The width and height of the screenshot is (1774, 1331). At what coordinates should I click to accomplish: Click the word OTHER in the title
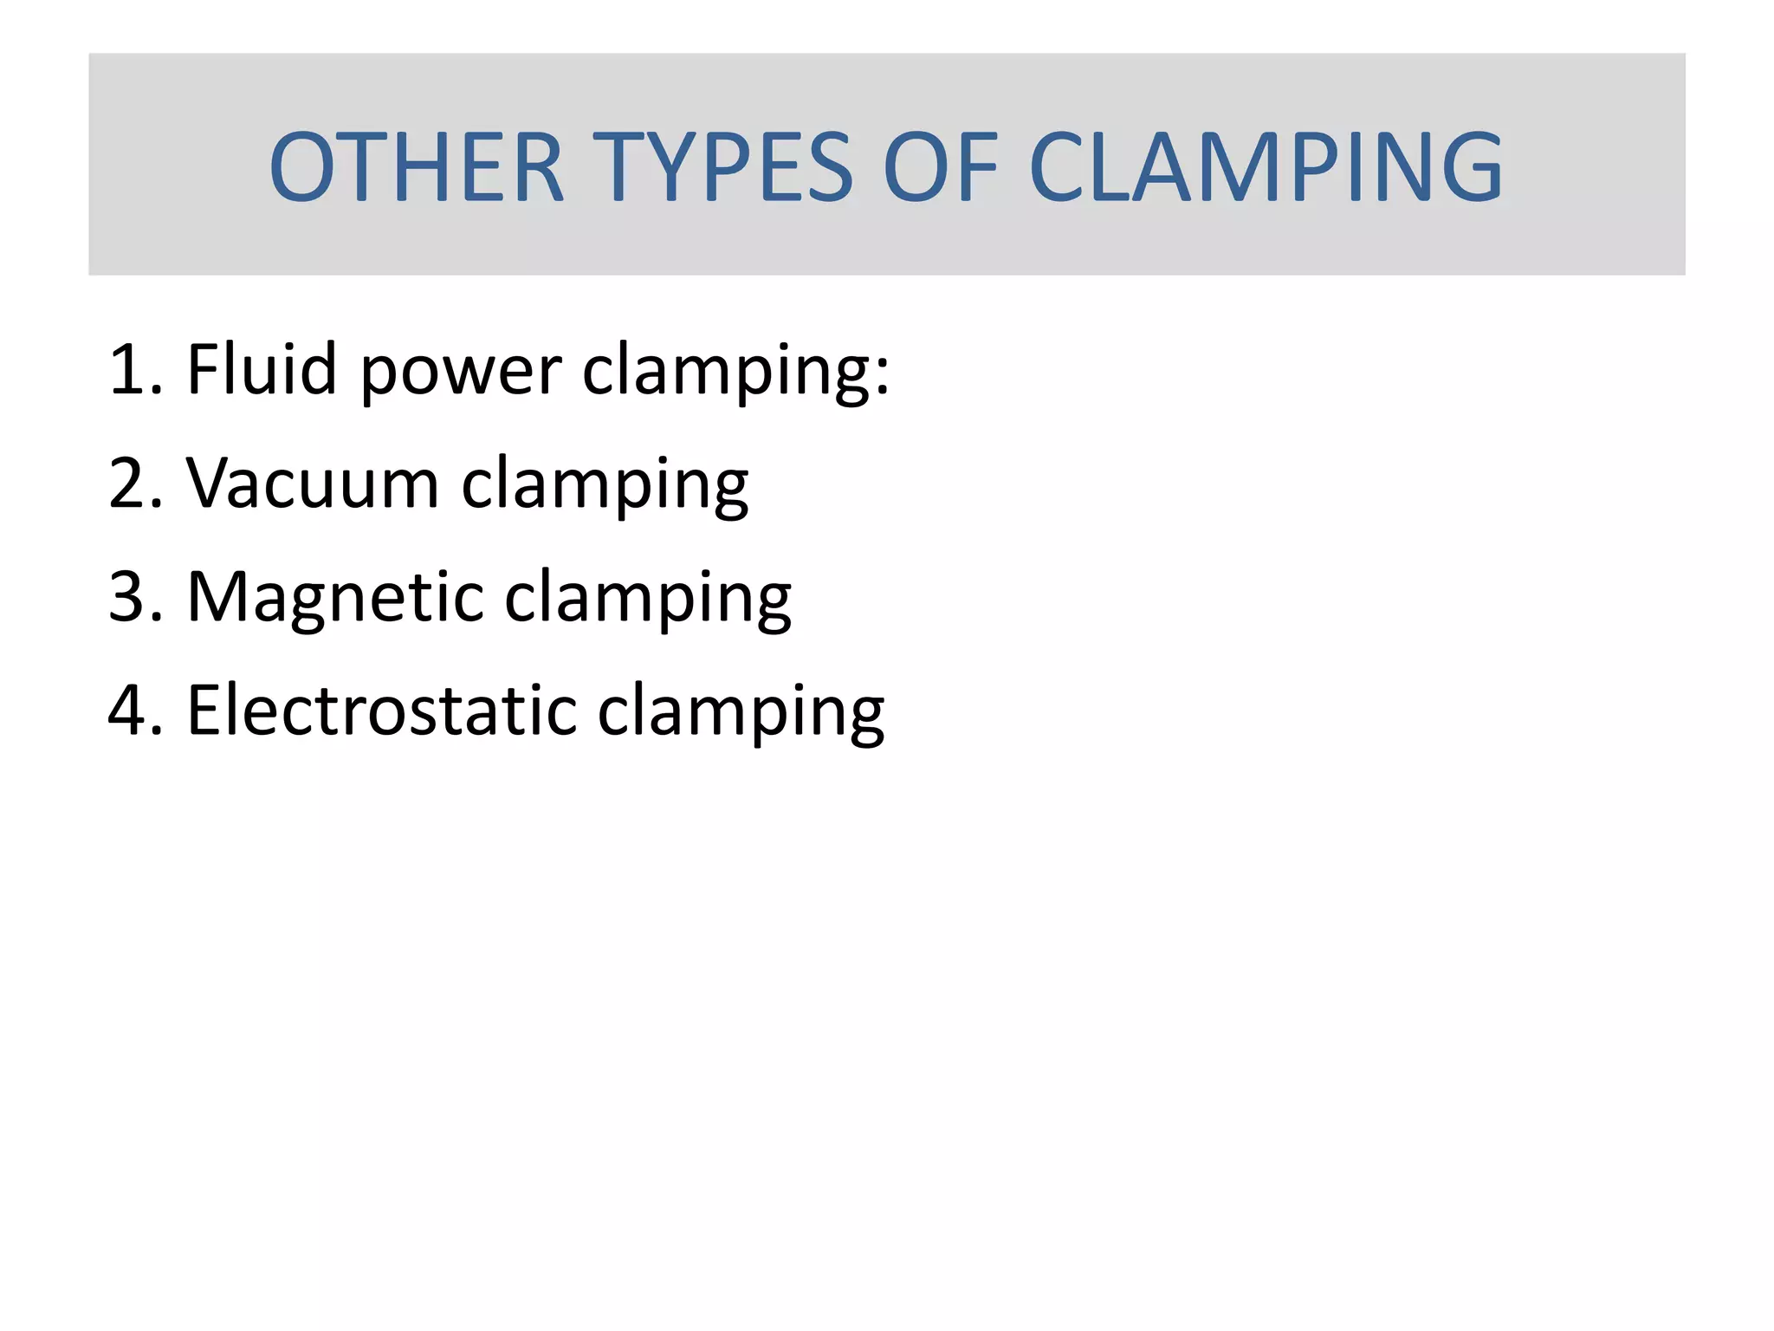(x=417, y=166)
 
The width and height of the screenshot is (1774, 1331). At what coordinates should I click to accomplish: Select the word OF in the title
(x=941, y=166)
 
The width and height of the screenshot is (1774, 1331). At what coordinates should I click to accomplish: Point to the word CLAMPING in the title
(x=1266, y=166)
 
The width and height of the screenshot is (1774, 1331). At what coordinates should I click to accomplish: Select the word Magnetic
(x=334, y=597)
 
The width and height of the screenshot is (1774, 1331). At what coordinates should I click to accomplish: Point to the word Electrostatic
(x=381, y=711)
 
